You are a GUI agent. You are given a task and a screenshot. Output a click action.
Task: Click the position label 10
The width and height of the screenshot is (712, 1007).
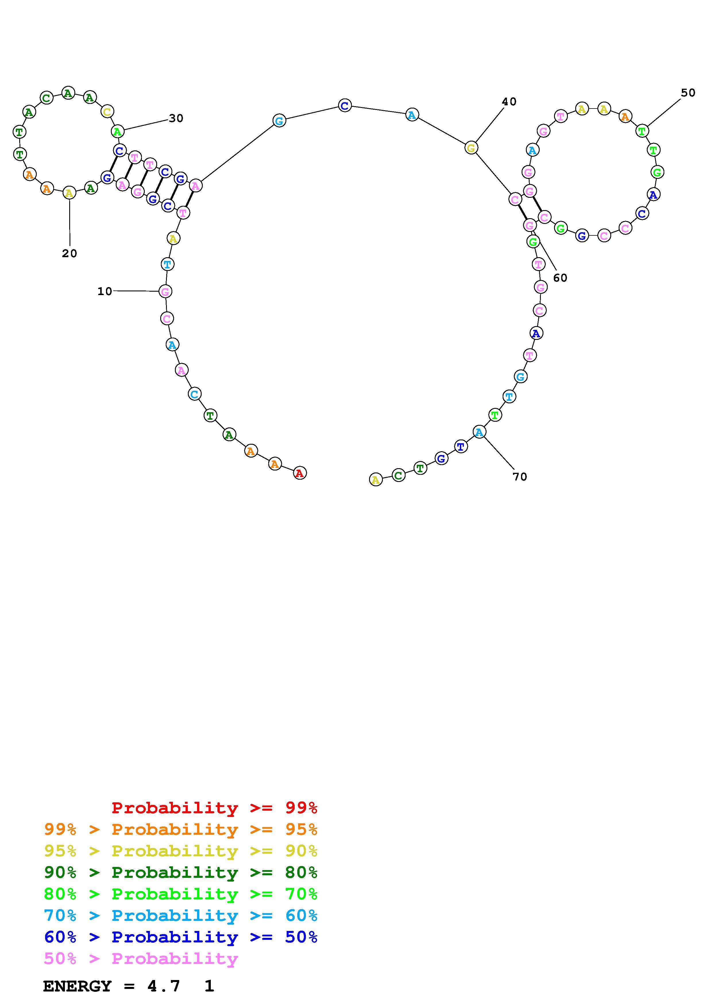(x=105, y=291)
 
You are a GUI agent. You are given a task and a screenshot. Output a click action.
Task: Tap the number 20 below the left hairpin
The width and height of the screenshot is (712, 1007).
(x=69, y=253)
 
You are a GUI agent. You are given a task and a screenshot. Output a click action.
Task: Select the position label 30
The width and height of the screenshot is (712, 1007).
(x=176, y=119)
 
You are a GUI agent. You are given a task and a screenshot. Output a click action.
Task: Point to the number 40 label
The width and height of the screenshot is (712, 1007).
(x=509, y=102)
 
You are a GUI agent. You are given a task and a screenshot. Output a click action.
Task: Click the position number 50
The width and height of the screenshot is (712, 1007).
(x=688, y=93)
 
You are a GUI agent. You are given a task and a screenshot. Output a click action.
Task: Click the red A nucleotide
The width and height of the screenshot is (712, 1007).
(x=300, y=473)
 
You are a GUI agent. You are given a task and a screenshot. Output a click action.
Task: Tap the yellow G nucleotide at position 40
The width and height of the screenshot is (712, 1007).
(x=471, y=148)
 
